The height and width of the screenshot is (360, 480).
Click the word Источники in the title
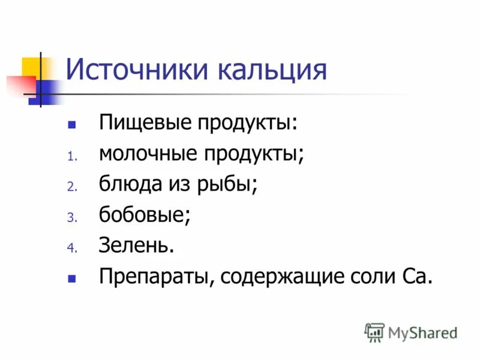[137, 70]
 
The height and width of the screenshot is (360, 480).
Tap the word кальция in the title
[272, 70]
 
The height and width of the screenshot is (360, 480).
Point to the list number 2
[70, 187]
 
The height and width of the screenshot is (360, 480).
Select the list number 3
[70, 217]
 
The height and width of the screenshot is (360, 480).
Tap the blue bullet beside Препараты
[71, 278]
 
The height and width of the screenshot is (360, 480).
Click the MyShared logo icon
[374, 332]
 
